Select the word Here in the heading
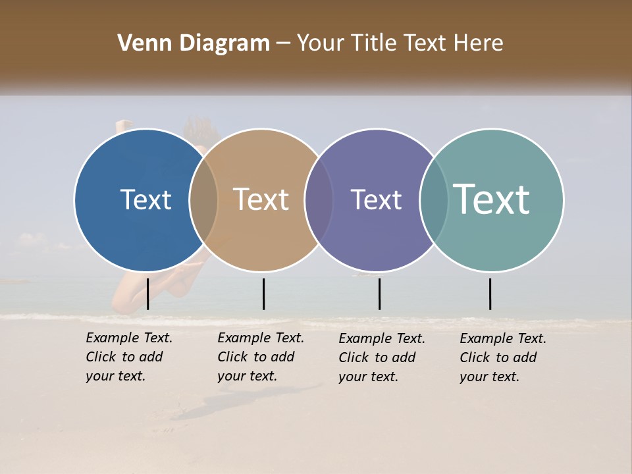479,43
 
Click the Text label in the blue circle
145,199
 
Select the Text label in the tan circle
261,199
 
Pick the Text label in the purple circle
376,199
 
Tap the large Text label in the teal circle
492,199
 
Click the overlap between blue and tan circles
203,199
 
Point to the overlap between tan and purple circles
319,199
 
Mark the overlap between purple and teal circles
434,199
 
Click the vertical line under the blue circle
147,294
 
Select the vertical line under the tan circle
263,294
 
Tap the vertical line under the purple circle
379,294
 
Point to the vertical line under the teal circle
490,294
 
